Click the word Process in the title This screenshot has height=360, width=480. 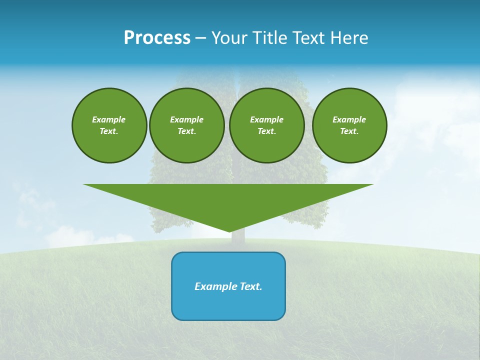coord(157,38)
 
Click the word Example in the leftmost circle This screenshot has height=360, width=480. coord(108,119)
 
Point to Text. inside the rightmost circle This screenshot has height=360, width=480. coord(349,131)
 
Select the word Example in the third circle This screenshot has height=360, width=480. coord(266,119)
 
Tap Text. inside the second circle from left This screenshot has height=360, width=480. coord(186,131)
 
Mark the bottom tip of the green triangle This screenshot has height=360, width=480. coord(229,231)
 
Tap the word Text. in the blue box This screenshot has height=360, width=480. coord(252,286)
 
